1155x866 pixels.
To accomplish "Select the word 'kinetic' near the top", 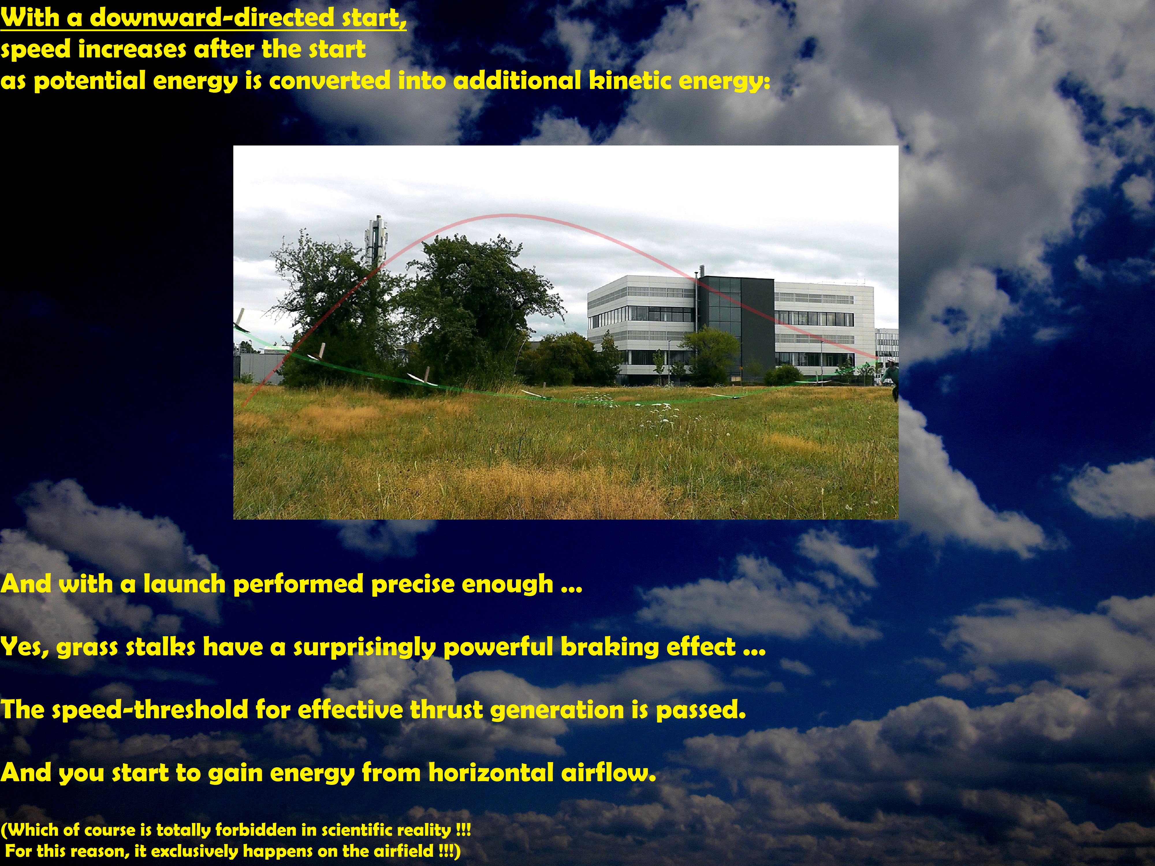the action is click(630, 81).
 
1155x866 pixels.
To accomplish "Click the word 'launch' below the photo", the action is click(184, 584).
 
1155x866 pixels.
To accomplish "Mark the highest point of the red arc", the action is click(505, 215).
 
